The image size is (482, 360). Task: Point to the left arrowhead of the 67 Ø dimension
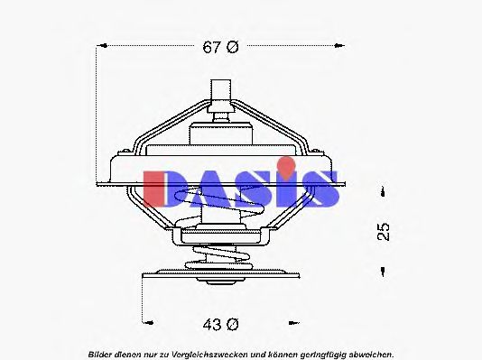point(100,44)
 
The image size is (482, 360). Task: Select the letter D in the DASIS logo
point(162,188)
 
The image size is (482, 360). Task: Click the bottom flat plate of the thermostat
point(218,272)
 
